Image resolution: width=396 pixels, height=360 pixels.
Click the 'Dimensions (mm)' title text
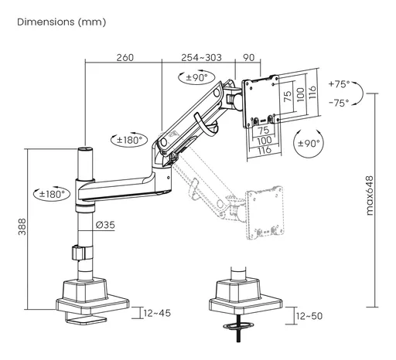pos(62,22)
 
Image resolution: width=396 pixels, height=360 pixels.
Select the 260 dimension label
pos(125,57)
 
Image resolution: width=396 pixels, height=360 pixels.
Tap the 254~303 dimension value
pos(201,57)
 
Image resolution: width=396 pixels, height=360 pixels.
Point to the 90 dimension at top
pos(249,57)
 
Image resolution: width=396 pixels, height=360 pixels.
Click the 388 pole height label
pos(22,226)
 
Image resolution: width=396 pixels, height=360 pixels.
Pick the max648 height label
pos(370,195)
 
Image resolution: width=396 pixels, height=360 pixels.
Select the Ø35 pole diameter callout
pos(105,225)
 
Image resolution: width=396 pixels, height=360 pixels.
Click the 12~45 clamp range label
pos(157,313)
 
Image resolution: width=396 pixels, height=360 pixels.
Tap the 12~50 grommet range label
pos(309,316)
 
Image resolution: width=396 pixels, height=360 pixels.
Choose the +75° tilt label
pos(340,84)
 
